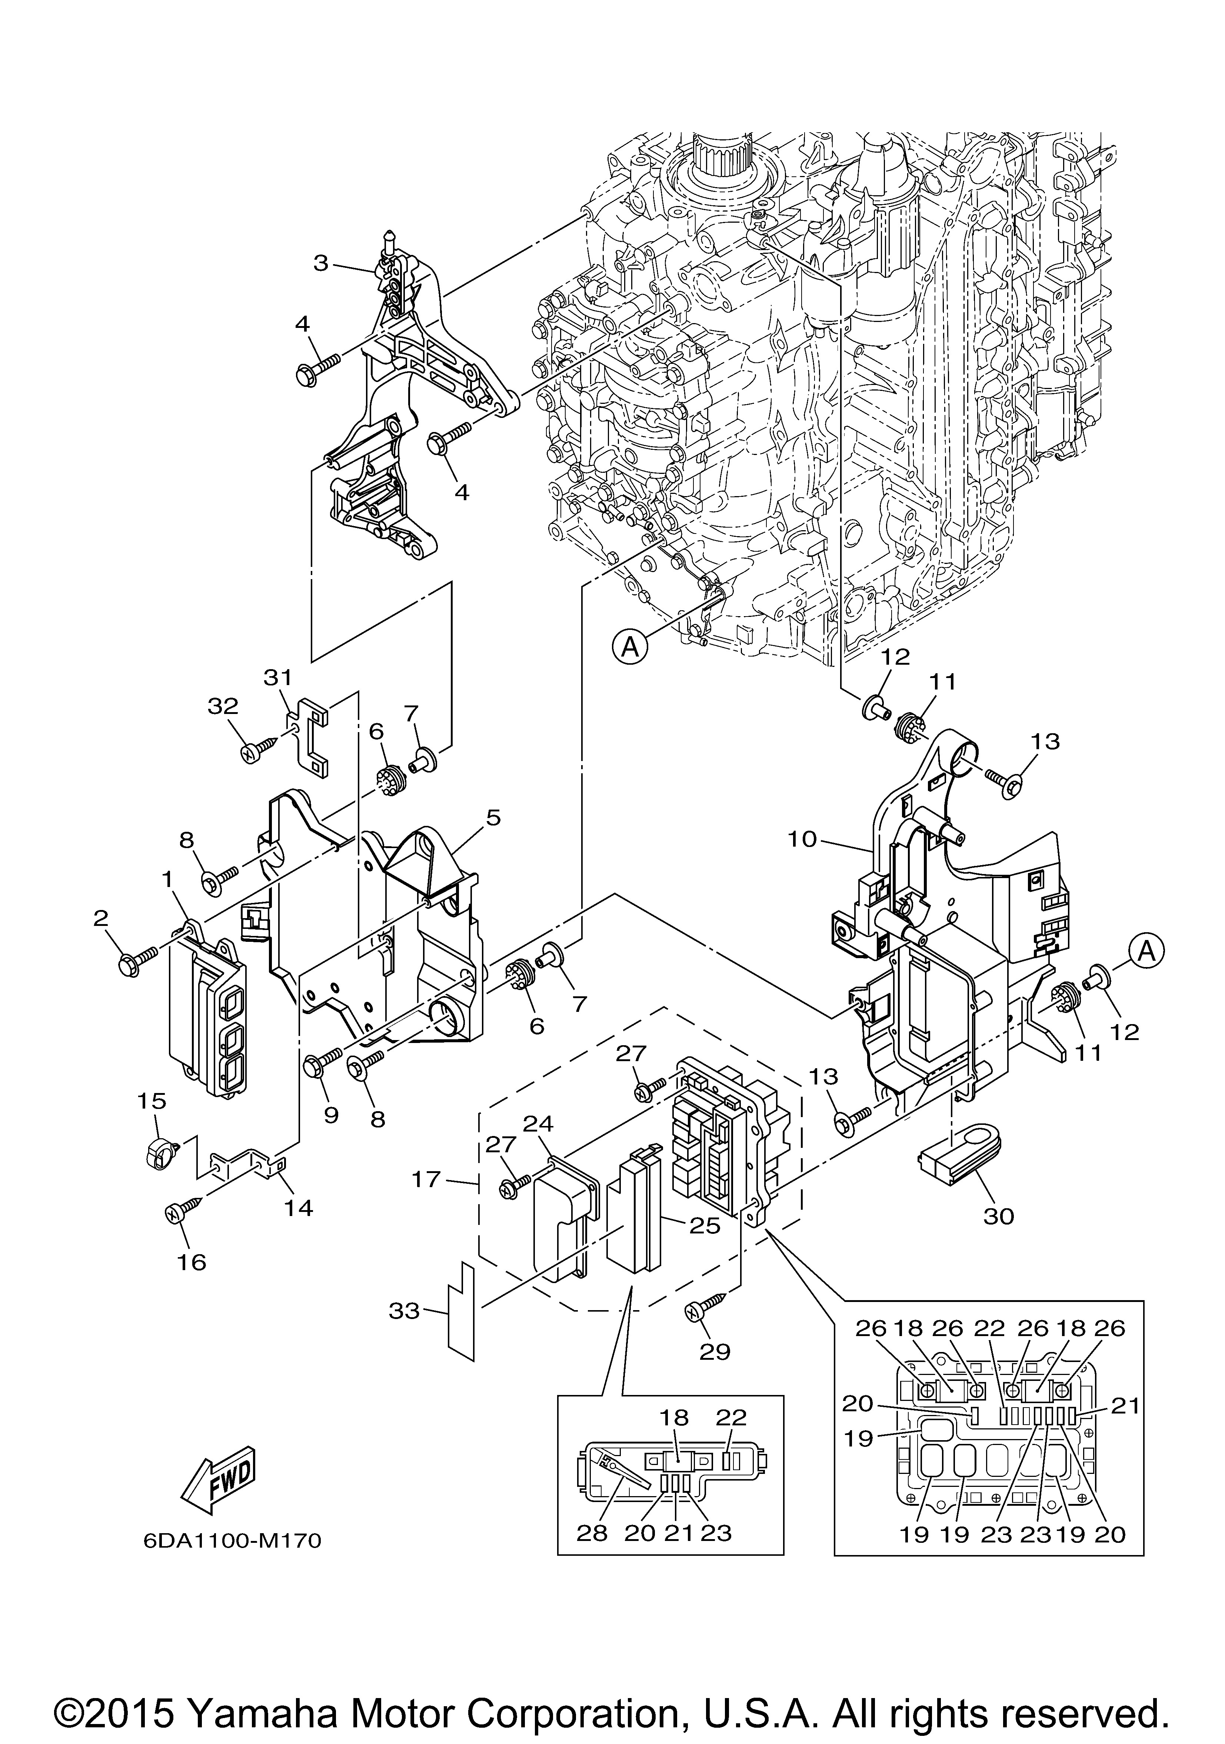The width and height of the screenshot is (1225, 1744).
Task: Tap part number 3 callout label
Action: (321, 263)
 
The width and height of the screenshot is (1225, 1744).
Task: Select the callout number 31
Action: (278, 676)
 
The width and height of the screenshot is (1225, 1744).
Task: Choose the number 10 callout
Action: (802, 839)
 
